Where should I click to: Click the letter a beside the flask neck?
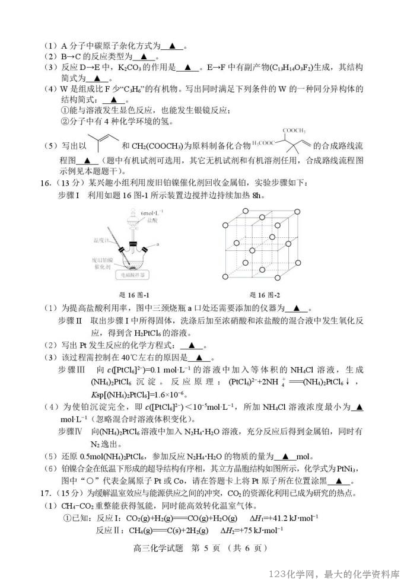point(158,244)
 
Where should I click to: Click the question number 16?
point(50,181)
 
